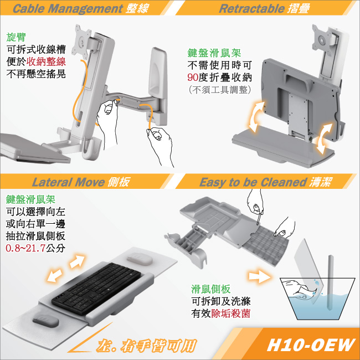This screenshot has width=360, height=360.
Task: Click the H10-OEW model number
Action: (311, 345)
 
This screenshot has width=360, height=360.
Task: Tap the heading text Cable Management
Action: (68, 8)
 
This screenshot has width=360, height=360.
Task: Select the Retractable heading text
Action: (251, 8)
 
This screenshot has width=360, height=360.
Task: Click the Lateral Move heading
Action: (68, 182)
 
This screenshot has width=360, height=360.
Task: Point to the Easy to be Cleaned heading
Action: (253, 182)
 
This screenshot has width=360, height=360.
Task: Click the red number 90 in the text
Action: (193, 78)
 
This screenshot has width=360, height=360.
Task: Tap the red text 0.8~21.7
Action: (25, 248)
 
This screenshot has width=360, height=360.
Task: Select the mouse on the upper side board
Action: (140, 259)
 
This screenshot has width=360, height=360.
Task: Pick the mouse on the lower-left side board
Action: (45, 321)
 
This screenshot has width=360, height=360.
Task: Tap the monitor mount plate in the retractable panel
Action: (322, 39)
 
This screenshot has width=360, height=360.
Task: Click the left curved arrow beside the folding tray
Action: (256, 117)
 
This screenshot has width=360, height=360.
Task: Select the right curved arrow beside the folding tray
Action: (324, 138)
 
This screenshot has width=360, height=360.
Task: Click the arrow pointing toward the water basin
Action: (259, 275)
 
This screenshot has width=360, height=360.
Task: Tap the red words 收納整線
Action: (46, 61)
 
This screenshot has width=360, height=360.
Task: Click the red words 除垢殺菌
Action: (230, 313)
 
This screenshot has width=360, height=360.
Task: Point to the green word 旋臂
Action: (16, 37)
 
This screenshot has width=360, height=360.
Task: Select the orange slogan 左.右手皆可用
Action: (146, 346)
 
